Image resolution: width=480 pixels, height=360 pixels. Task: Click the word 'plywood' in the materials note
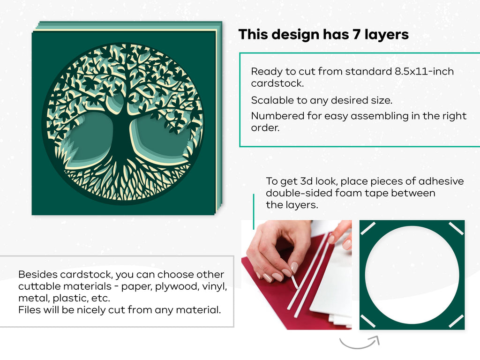click(x=177, y=286)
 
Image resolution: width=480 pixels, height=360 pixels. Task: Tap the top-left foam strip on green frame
click(x=368, y=228)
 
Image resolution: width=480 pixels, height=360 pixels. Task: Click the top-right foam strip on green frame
click(x=456, y=229)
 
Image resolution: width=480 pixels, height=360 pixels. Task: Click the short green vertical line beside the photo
click(x=254, y=211)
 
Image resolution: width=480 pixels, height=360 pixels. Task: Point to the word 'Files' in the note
click(x=28, y=309)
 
